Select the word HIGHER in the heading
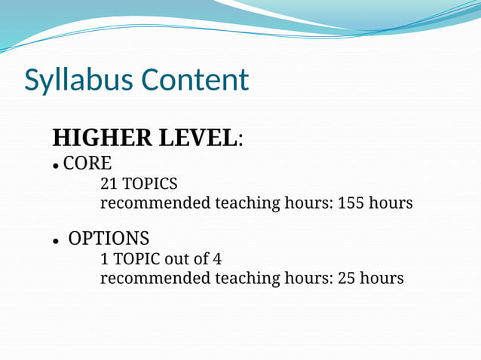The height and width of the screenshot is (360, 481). tap(102, 139)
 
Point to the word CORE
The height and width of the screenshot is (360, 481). tap(87, 163)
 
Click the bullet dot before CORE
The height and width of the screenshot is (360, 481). tap(56, 165)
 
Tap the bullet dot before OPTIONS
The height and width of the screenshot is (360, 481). tap(56, 242)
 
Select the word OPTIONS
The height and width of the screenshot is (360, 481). tap(109, 239)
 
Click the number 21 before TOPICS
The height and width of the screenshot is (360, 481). tap(109, 183)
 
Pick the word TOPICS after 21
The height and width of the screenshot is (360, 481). tap(150, 183)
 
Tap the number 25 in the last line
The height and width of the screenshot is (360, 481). tap(346, 279)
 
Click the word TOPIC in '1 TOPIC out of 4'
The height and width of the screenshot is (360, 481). tap(135, 259)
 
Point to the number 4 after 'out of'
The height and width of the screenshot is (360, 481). tap(217, 259)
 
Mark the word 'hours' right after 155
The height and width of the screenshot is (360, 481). tap(391, 203)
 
